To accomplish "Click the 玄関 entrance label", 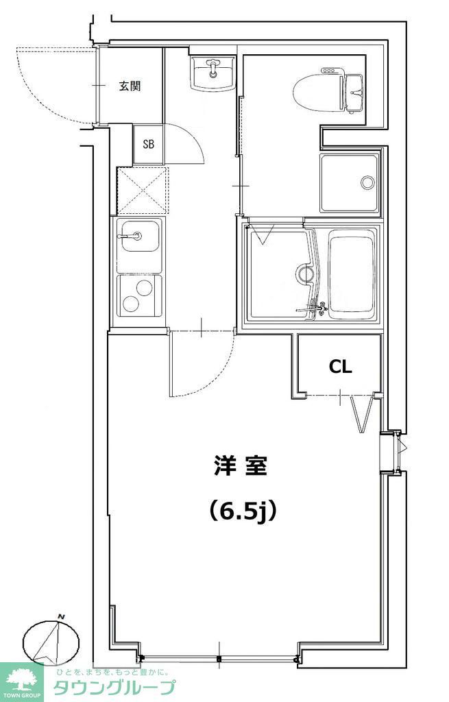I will (x=130, y=86).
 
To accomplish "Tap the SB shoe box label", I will (x=148, y=144).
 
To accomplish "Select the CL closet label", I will (x=340, y=367).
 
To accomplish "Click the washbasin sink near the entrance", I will (x=213, y=72).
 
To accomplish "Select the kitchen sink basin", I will (x=139, y=243).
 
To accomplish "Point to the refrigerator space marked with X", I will (x=142, y=190).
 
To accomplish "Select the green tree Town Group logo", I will (x=22, y=679).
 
